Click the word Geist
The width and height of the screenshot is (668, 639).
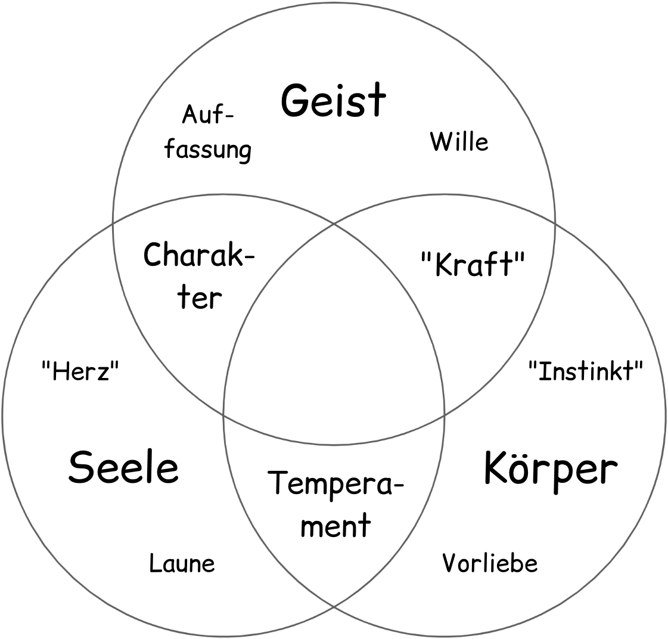pyautogui.click(x=334, y=101)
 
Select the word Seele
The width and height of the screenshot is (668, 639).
pyautogui.click(x=123, y=468)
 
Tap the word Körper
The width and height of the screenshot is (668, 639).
pyautogui.click(x=550, y=469)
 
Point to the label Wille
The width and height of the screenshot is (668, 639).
pyautogui.click(x=459, y=142)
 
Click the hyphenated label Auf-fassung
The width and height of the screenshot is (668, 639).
pyautogui.click(x=207, y=132)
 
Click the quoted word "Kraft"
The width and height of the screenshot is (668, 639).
pyautogui.click(x=474, y=264)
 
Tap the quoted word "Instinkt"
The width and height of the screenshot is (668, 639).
pyautogui.click(x=586, y=371)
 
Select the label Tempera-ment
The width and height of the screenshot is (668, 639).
pyautogui.click(x=334, y=504)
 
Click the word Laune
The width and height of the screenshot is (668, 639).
pyautogui.click(x=182, y=563)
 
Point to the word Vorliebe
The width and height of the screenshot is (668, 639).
pyautogui.click(x=490, y=563)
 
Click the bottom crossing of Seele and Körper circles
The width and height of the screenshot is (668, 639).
pyautogui.click(x=334, y=607)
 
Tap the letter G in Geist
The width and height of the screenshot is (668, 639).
pyautogui.click(x=296, y=101)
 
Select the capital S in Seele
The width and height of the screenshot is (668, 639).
pyautogui.click(x=81, y=468)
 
